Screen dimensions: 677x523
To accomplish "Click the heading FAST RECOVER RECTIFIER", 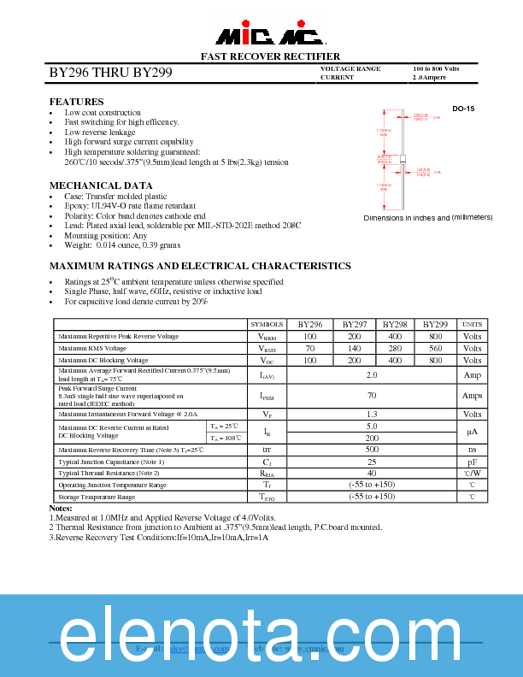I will [270, 56].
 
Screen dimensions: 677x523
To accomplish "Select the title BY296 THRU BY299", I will [111, 74].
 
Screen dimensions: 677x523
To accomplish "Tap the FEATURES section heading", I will [77, 102].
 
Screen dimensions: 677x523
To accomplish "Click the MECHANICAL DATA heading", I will [101, 185].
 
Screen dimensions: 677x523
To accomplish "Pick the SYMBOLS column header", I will [267, 325].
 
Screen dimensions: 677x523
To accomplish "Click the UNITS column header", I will [473, 325].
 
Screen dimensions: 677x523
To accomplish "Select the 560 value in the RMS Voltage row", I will [435, 349].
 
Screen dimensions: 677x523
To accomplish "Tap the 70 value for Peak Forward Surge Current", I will [372, 396].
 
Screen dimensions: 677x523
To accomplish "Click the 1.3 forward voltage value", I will [372, 414].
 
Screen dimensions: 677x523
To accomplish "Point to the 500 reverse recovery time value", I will [372, 449].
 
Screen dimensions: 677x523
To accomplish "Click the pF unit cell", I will [473, 461].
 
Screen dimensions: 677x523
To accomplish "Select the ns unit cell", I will [473, 449].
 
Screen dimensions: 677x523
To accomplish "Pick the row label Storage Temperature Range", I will [97, 497].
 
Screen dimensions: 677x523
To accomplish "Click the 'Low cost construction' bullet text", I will [103, 113].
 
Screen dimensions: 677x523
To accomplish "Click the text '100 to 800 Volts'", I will [436, 68].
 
